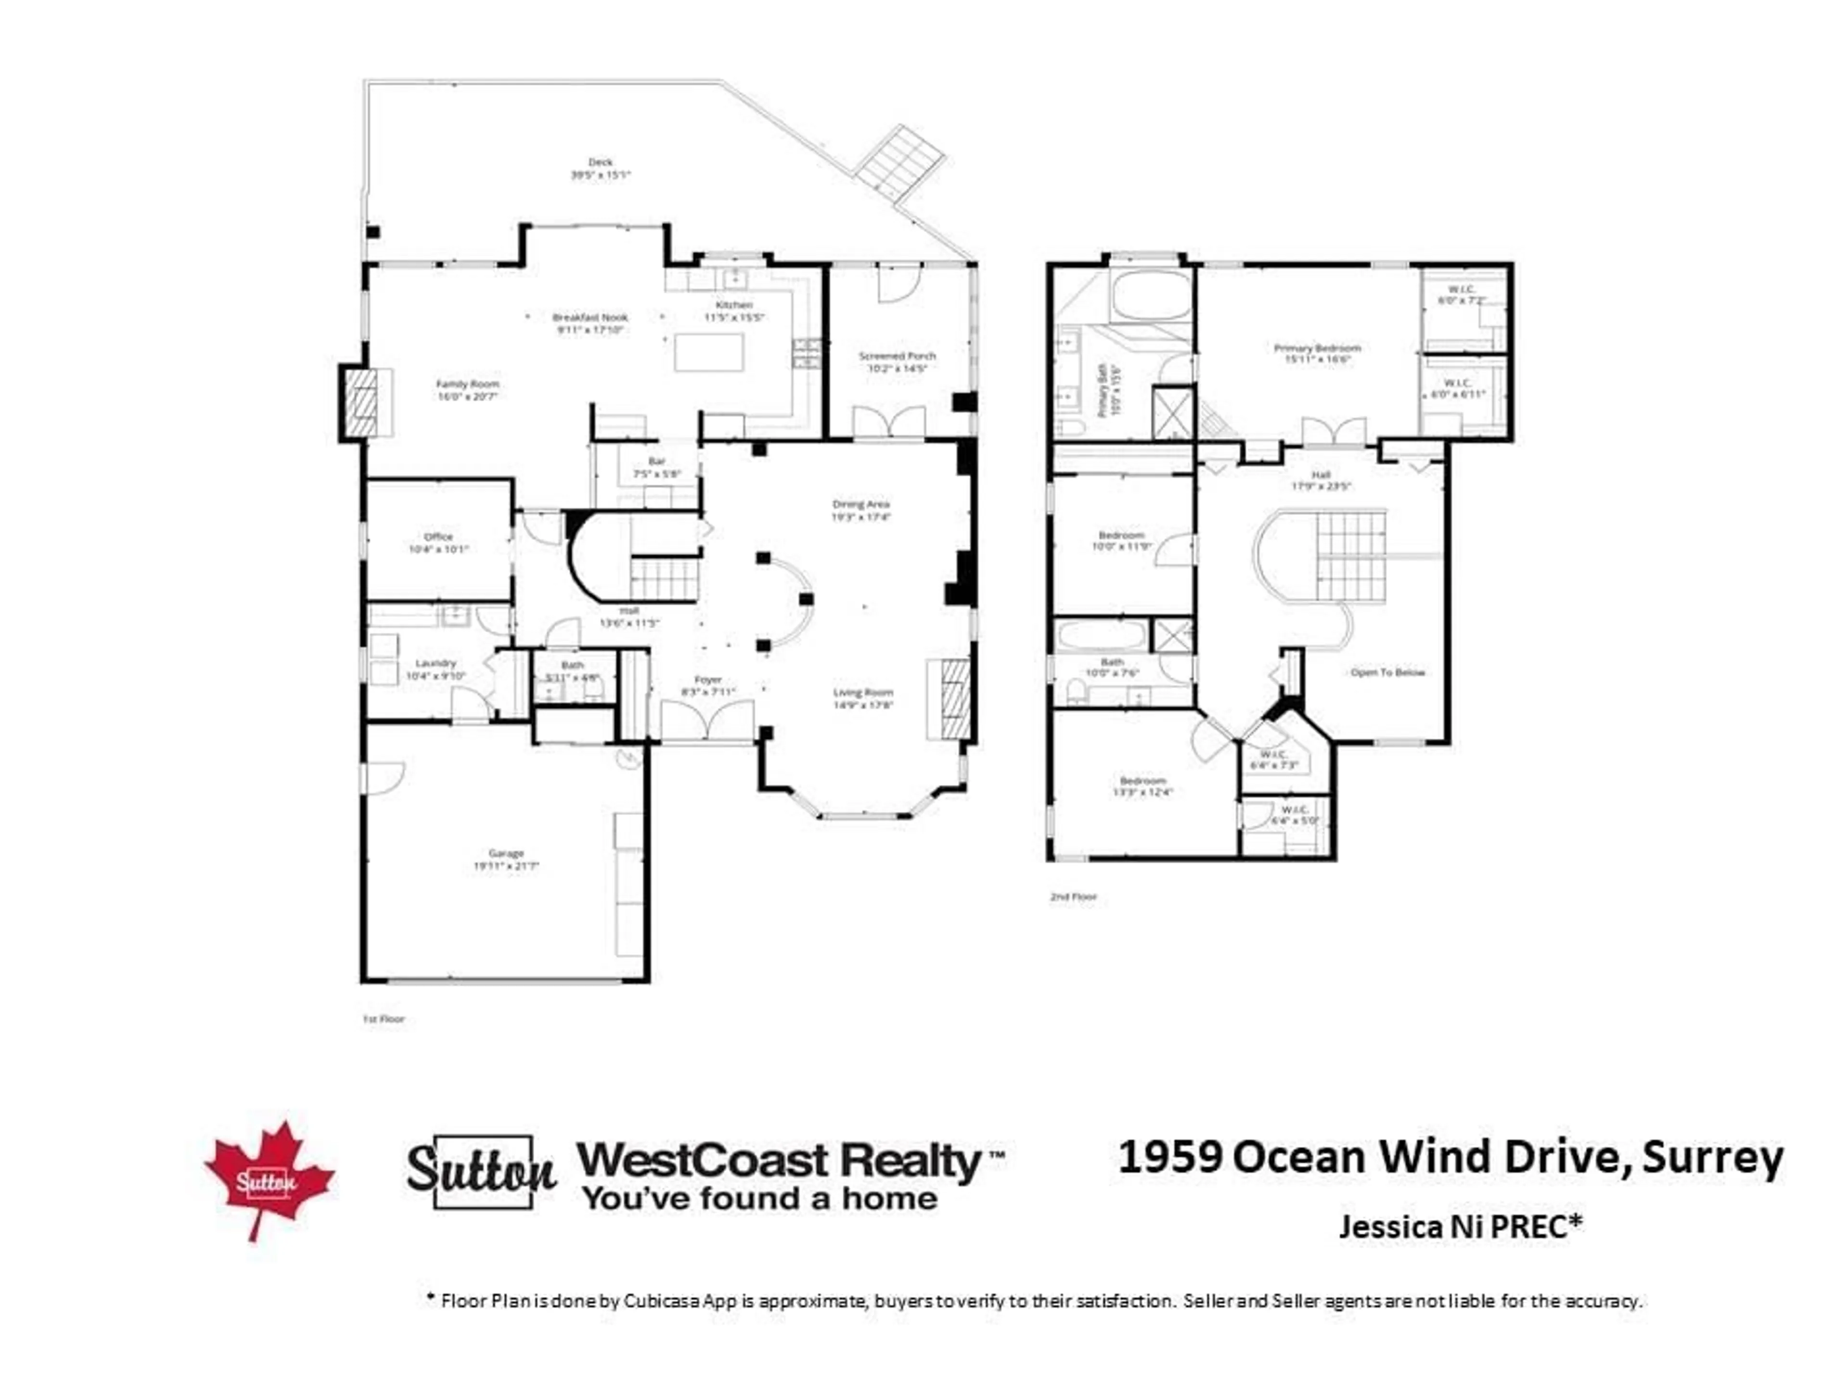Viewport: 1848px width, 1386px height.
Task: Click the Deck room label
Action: pyautogui.click(x=600, y=162)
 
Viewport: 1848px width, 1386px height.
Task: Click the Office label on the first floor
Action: pyautogui.click(x=438, y=537)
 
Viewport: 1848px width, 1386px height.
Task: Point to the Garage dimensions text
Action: pyautogui.click(x=506, y=866)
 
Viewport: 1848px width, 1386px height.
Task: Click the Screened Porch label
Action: pyautogui.click(x=897, y=356)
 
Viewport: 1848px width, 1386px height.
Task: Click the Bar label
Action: pyautogui.click(x=656, y=461)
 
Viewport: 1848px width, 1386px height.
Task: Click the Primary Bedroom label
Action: pyautogui.click(x=1318, y=347)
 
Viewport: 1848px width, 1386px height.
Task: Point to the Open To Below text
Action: pyautogui.click(x=1387, y=672)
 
